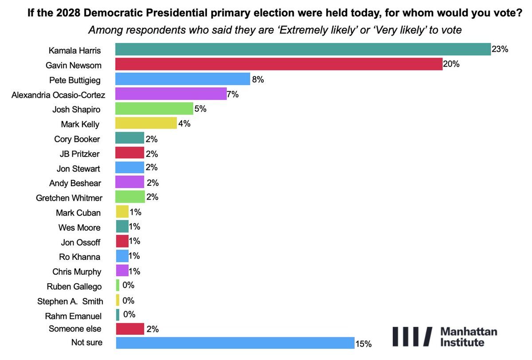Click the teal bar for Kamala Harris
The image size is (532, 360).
tap(303, 49)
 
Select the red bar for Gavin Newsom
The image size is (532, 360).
tap(279, 64)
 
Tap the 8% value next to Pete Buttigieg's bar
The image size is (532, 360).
tap(258, 79)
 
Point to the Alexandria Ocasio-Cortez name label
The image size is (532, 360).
tap(58, 94)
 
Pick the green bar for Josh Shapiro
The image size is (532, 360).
tap(154, 109)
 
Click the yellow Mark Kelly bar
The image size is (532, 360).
tap(146, 124)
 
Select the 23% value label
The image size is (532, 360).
tap(500, 49)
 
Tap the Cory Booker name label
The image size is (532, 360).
tap(77, 139)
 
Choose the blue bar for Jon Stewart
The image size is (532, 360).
tap(129, 168)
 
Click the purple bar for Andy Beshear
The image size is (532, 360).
tap(129, 182)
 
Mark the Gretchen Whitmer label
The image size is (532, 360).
tap(69, 198)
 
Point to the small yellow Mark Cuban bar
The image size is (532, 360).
tap(122, 212)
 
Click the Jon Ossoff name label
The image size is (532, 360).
tap(81, 242)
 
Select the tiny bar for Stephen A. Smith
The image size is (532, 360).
tap(117, 301)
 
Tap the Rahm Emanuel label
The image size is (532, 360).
tap(73, 316)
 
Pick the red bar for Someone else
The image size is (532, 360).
tap(129, 329)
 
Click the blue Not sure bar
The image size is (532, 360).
tap(235, 343)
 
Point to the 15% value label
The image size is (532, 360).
tap(363, 344)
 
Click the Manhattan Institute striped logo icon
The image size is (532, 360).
tap(412, 337)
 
